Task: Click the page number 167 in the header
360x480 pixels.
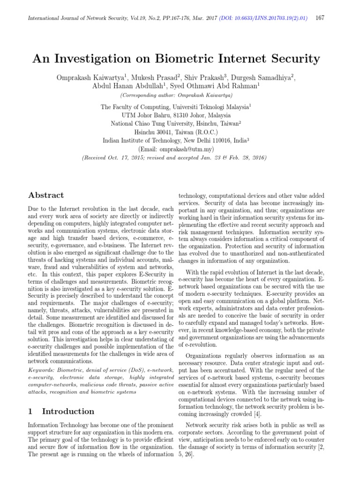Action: coord(320,18)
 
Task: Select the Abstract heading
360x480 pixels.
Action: coord(46,195)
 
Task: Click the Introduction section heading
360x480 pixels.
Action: coord(68,411)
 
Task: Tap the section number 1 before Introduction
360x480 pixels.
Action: coord(30,411)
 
